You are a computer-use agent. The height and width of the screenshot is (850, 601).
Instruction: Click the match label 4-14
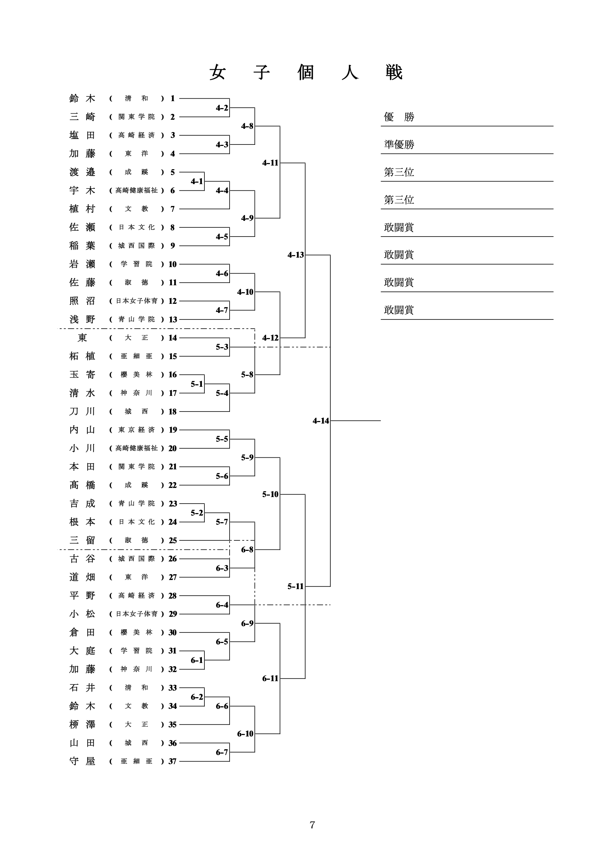pyautogui.click(x=321, y=421)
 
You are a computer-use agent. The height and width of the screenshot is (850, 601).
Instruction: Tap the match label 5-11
pyautogui.click(x=295, y=586)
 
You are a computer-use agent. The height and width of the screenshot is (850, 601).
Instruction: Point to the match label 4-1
pyautogui.click(x=196, y=181)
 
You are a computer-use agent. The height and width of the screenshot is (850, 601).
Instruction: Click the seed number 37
pyautogui.click(x=172, y=761)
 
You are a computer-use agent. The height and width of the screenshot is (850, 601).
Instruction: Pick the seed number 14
pyautogui.click(x=172, y=338)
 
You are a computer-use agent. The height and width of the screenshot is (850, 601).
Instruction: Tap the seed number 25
pyautogui.click(x=172, y=540)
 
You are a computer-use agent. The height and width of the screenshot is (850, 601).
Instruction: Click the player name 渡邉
pyautogui.click(x=82, y=172)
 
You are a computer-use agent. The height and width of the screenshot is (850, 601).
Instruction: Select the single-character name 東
pyautogui.click(x=82, y=338)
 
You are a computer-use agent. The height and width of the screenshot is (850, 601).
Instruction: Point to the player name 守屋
pyautogui.click(x=82, y=761)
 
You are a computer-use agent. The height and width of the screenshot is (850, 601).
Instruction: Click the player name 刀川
pyautogui.click(x=82, y=411)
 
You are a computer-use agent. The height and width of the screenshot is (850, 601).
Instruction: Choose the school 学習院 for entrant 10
pyautogui.click(x=136, y=264)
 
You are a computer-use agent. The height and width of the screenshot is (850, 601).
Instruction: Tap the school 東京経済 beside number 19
pyautogui.click(x=136, y=430)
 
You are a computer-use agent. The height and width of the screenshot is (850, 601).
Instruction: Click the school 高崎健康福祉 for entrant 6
pyautogui.click(x=136, y=190)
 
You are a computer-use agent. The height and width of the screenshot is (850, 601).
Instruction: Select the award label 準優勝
pyautogui.click(x=399, y=144)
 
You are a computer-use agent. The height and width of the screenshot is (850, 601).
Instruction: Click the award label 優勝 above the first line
pyautogui.click(x=399, y=117)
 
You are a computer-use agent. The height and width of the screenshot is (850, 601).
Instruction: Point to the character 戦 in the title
pyautogui.click(x=393, y=72)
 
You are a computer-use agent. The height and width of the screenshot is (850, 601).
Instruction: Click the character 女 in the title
pyautogui.click(x=218, y=72)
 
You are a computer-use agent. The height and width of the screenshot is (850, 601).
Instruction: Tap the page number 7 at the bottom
pyautogui.click(x=312, y=825)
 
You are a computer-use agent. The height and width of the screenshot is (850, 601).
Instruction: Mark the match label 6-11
pyautogui.click(x=270, y=678)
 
